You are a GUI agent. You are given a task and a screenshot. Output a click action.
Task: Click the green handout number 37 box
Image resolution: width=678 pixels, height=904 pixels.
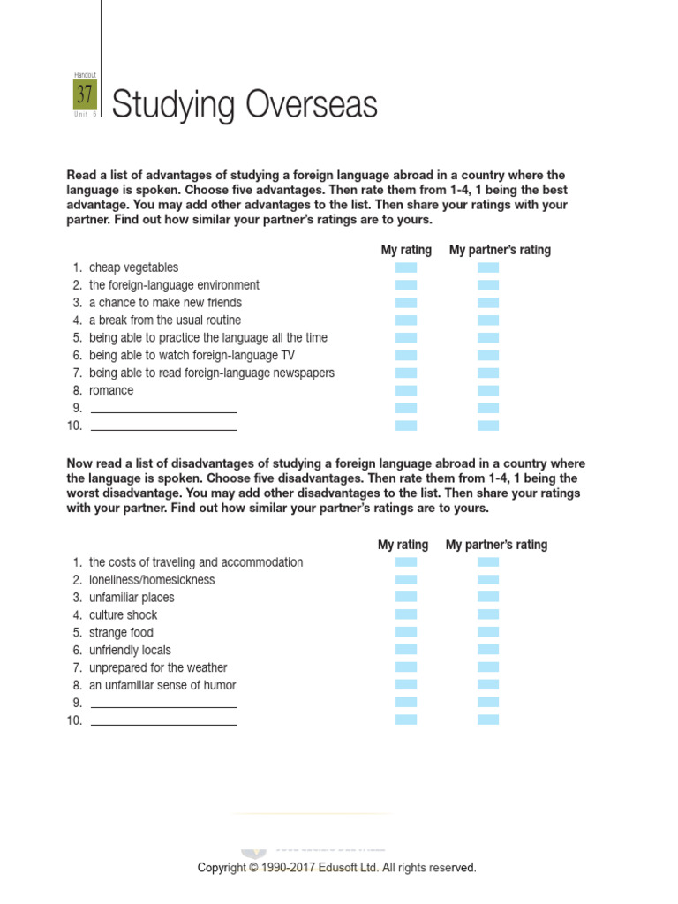(x=85, y=94)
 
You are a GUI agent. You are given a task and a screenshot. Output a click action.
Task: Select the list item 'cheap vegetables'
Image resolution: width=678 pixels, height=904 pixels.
(x=133, y=267)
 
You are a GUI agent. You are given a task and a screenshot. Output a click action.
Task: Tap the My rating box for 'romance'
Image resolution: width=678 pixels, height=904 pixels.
(x=406, y=390)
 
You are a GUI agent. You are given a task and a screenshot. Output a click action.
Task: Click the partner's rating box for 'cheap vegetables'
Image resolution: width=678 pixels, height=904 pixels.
(x=488, y=267)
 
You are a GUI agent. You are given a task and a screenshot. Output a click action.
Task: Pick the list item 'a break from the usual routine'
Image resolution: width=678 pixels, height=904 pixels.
(x=164, y=320)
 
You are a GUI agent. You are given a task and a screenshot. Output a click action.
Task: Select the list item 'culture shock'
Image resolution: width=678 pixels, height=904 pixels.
(x=123, y=615)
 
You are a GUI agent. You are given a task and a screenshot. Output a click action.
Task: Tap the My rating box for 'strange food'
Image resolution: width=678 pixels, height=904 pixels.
(x=406, y=632)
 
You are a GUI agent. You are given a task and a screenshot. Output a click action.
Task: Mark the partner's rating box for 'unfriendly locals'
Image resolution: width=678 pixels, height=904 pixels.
(x=488, y=650)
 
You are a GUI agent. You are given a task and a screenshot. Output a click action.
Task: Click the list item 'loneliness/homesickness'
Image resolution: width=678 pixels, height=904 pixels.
(x=152, y=580)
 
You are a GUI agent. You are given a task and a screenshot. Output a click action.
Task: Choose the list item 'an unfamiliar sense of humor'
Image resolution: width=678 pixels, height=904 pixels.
(x=162, y=685)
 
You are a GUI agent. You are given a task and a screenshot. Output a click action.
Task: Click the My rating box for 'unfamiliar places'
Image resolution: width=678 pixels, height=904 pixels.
(x=406, y=597)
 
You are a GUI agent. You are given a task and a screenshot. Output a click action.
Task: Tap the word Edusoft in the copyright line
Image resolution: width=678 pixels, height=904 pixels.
(x=352, y=868)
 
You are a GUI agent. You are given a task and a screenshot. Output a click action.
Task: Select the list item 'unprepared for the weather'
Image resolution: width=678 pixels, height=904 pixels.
(x=158, y=667)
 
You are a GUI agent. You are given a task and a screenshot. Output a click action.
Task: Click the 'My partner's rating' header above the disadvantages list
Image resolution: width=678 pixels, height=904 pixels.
(x=496, y=545)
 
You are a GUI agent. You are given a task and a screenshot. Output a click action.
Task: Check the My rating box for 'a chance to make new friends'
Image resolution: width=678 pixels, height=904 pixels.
(x=406, y=303)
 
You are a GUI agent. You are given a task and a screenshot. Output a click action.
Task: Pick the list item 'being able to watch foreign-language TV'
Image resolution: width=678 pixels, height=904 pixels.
(x=192, y=356)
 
